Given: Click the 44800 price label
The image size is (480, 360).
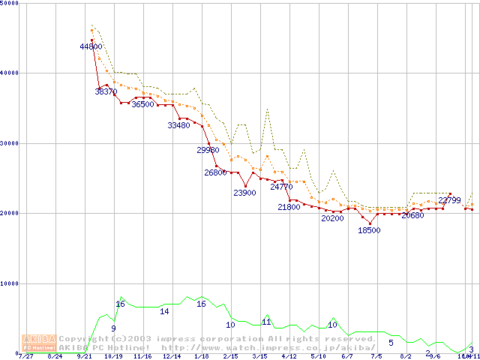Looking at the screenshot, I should [x=91, y=46].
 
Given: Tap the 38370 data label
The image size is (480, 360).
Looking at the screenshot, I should [x=106, y=91].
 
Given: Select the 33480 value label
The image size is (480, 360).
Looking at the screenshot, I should [x=179, y=125].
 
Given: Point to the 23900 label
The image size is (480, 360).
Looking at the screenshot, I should [x=244, y=193].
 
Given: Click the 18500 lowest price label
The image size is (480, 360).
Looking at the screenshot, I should [x=369, y=230].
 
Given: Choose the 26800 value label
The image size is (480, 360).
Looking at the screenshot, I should [x=215, y=172].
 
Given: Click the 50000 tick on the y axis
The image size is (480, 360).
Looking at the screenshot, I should [x=10, y=4].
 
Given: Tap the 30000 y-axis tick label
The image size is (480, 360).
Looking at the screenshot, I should [x=10, y=143].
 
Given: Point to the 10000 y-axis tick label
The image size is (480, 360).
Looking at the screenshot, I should [x=10, y=283].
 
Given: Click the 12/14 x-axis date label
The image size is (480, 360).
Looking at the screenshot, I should [x=172, y=357].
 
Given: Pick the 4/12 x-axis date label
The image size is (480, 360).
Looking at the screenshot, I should [x=289, y=357].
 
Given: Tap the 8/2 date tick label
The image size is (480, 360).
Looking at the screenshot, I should [x=406, y=357].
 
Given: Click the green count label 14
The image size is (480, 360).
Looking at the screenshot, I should [x=164, y=311].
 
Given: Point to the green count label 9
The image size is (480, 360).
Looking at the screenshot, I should [x=113, y=328].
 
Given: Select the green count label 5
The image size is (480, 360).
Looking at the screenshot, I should [x=391, y=343].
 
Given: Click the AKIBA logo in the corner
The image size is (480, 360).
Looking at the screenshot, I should [x=38, y=342].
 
